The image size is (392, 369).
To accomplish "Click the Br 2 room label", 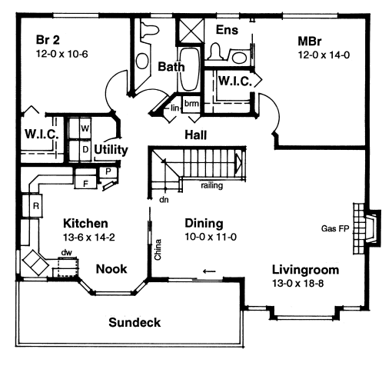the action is [48, 40].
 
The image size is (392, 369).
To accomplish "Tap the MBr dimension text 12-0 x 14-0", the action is [324, 55].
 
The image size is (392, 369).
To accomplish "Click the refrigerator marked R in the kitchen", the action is [32, 206].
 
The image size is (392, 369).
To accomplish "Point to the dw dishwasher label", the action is [67, 253].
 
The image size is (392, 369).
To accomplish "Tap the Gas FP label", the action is [335, 228].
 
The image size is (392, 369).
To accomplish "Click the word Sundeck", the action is [135, 322].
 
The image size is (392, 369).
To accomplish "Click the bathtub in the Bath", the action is [189, 68].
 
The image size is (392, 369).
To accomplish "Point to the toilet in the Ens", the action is [215, 51].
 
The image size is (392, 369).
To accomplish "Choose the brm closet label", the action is [191, 104].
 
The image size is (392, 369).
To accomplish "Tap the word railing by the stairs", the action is [211, 185].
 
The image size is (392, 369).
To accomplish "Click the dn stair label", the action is [164, 200].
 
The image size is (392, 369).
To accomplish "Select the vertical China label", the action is [158, 250].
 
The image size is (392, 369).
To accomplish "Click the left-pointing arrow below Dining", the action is [209, 271].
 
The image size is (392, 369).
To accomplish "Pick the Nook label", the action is [111, 269].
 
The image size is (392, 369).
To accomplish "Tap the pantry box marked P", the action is [108, 171].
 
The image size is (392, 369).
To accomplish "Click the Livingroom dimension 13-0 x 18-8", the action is [297, 284].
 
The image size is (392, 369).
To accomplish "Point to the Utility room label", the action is [111, 150].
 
